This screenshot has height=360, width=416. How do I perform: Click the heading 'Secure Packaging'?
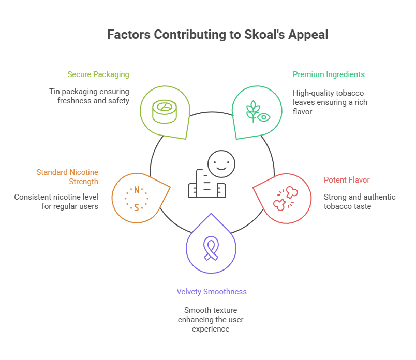point(98,74)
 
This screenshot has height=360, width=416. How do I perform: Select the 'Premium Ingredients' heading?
point(329,74)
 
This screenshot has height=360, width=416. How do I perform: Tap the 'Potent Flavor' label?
point(347,180)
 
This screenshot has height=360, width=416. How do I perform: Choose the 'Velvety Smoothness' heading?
point(211,292)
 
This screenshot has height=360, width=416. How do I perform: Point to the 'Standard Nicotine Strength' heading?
point(67,176)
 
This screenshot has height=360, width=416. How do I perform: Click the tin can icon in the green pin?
point(164,110)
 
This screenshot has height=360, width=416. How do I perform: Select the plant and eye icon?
point(258,111)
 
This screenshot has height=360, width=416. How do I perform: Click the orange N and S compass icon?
point(137,198)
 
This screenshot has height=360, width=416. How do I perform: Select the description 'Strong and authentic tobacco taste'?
point(360,201)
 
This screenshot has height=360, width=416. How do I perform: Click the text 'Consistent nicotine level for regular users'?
point(56,201)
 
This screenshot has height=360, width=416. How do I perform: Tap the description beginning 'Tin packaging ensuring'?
point(89,96)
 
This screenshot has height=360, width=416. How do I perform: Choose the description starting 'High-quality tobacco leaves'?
point(330,102)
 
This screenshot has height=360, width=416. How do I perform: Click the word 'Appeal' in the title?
point(309,35)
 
